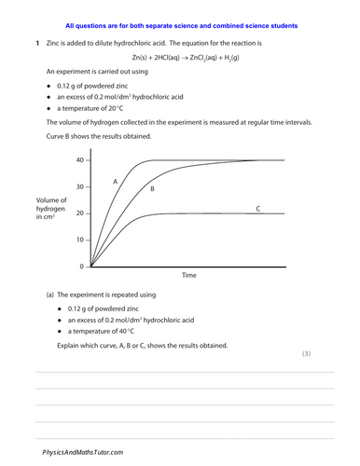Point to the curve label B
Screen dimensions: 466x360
[x=151, y=188]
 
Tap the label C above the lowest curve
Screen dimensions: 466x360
[x=257, y=210]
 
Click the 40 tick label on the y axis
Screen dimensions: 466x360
[x=79, y=160]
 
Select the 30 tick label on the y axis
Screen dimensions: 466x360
[x=79, y=187]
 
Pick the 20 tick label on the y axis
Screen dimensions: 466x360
[x=79, y=213]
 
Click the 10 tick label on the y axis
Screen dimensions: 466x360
[x=79, y=240]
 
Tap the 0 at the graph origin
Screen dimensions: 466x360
[x=81, y=267]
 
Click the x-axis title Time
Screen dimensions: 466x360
[x=188, y=276]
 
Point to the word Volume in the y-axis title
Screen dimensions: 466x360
[x=48, y=201]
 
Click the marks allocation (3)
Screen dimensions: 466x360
[x=333, y=355]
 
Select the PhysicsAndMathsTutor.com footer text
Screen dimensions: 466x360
[x=82, y=451]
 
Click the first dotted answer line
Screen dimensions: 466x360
[x=184, y=372]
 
